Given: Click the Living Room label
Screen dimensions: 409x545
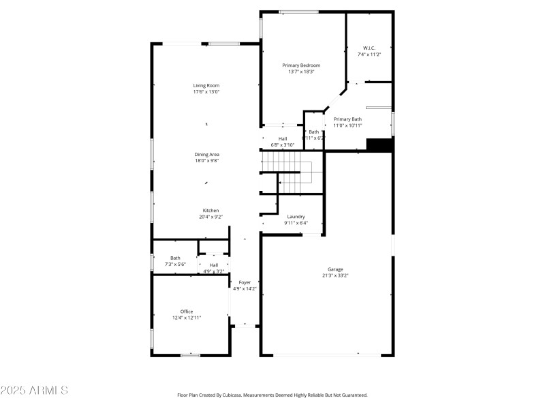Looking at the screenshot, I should pyautogui.click(x=206, y=85).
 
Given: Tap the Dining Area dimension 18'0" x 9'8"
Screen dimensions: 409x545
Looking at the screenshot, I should pyautogui.click(x=206, y=161).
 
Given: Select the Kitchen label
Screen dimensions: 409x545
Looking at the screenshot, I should pyautogui.click(x=211, y=210).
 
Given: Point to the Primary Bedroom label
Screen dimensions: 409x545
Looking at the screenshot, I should pyautogui.click(x=301, y=65).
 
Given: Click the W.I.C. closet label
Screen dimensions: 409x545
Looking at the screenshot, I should pyautogui.click(x=369, y=48).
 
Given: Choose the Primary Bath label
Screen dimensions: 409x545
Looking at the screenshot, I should pyautogui.click(x=347, y=119).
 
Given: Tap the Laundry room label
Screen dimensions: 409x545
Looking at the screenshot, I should pyautogui.click(x=296, y=216).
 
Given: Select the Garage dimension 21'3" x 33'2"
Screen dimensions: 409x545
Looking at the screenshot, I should pyautogui.click(x=335, y=275).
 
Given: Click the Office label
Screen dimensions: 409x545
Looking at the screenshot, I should pyautogui.click(x=186, y=311).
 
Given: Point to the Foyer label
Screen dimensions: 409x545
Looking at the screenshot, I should pyautogui.click(x=244, y=282).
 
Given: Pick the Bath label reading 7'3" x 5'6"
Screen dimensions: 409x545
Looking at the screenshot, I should pyautogui.click(x=175, y=258).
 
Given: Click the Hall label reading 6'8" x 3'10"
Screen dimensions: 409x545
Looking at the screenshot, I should pyautogui.click(x=282, y=138).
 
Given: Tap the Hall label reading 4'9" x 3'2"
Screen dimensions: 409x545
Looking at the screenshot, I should pyautogui.click(x=214, y=265).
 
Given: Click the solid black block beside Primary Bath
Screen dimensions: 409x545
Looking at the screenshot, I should pyautogui.click(x=380, y=145).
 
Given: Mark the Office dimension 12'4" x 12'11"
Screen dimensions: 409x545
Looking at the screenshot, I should pyautogui.click(x=186, y=317).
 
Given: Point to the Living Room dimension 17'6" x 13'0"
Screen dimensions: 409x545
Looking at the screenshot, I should pyautogui.click(x=206, y=91).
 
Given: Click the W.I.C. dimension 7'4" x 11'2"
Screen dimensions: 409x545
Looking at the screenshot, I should pyautogui.click(x=369, y=54).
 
